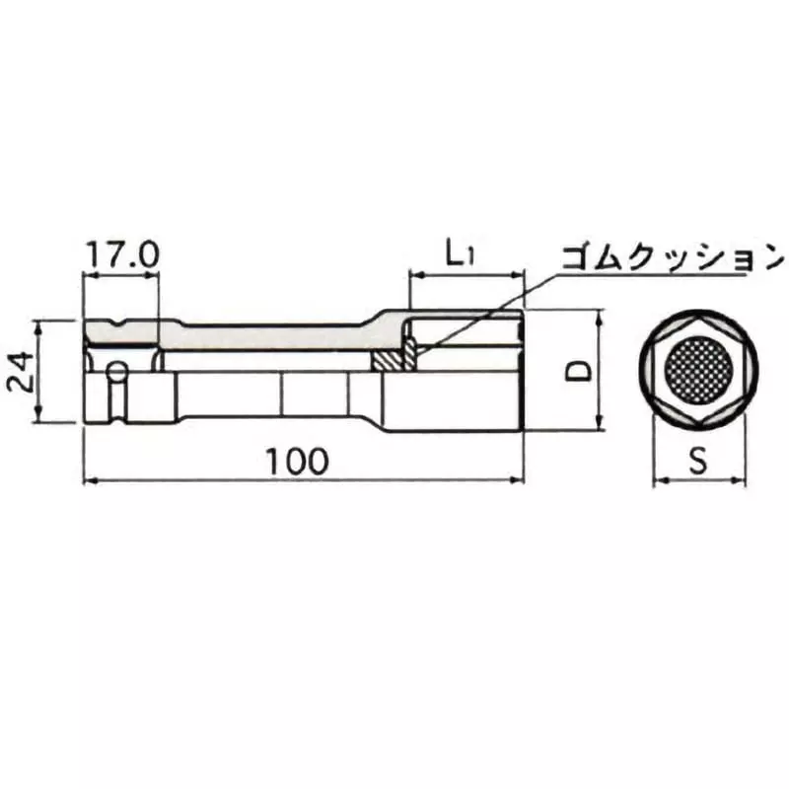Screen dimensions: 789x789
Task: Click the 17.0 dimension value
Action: point(121,254)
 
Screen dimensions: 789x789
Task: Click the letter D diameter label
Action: point(579,370)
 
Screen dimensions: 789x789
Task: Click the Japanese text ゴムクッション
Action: point(669,258)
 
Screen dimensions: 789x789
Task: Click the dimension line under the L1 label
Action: point(464,276)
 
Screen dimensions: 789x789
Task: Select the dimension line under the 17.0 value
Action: point(121,275)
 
